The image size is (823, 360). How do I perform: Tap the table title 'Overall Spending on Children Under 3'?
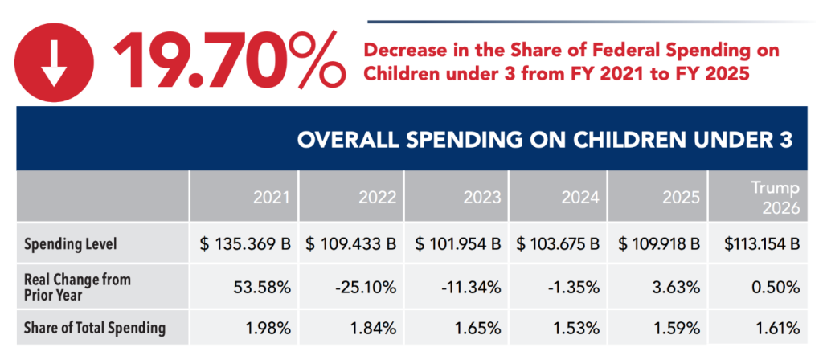coord(545,140)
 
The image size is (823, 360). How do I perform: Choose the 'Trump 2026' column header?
coord(776,197)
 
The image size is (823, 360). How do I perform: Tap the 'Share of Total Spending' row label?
coord(95,328)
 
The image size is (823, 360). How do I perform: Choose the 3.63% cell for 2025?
coord(683,286)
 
